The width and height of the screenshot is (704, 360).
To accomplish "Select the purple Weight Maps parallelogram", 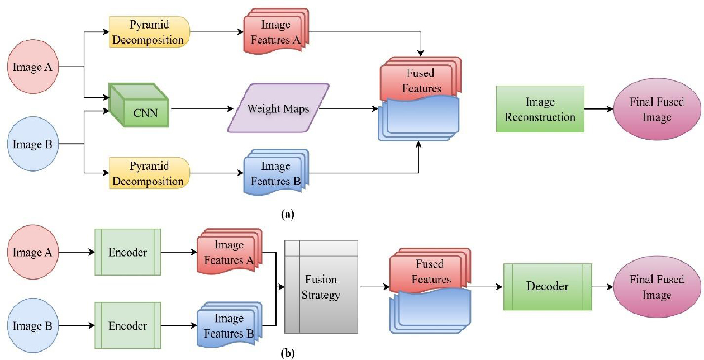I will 279,108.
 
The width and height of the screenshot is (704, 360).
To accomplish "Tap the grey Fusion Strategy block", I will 321,286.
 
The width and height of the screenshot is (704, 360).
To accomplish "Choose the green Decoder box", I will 547,286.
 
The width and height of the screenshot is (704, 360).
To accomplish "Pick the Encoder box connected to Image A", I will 128,252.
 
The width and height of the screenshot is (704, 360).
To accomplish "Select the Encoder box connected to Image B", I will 128,325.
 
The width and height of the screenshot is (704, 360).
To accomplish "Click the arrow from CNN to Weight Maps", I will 201,109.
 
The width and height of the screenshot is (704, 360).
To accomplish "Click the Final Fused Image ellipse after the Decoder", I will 657,286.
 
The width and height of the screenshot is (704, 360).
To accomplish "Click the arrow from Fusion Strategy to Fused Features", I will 374,286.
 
